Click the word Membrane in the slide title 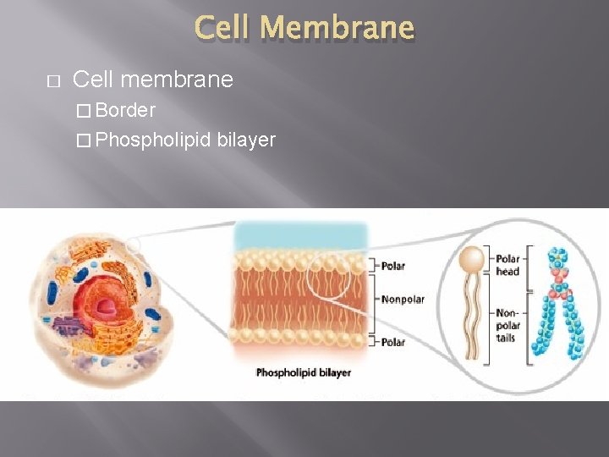pos(337,28)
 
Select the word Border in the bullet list pos(125,110)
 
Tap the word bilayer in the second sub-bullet pos(246,140)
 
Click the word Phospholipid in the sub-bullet pos(153,140)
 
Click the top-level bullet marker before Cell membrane pos(52,80)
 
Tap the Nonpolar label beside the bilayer pos(403,300)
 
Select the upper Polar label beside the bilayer pos(392,266)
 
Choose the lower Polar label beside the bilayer pos(392,343)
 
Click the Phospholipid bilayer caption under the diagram pos(303,372)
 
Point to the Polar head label pos(507,265)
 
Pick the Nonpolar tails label pos(508,325)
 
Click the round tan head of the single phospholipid pos(472,258)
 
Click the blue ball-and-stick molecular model pos(558,305)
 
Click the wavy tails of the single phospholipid pos(472,317)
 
